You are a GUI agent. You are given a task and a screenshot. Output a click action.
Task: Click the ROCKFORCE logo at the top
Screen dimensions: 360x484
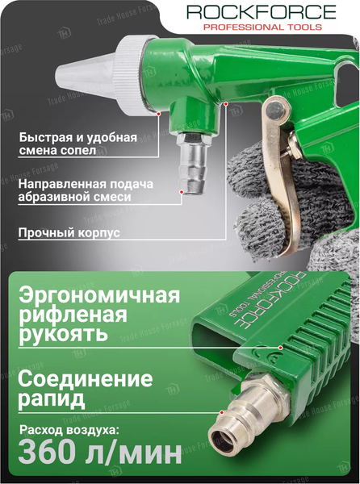pos(262,12)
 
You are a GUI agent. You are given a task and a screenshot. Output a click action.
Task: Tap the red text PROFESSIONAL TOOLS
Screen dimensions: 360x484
pos(263,27)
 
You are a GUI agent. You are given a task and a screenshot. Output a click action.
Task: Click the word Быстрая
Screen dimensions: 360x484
pos(44,137)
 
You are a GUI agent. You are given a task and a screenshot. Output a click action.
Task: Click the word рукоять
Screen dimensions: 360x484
pos(63,335)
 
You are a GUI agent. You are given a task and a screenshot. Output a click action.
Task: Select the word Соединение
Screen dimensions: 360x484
pos(86,379)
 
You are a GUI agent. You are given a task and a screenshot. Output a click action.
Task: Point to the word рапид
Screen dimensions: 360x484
pos(51,398)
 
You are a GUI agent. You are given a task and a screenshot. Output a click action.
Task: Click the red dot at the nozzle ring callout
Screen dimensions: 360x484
pos(158,114)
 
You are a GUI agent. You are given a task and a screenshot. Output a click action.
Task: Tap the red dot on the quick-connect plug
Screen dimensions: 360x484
pos(221,412)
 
